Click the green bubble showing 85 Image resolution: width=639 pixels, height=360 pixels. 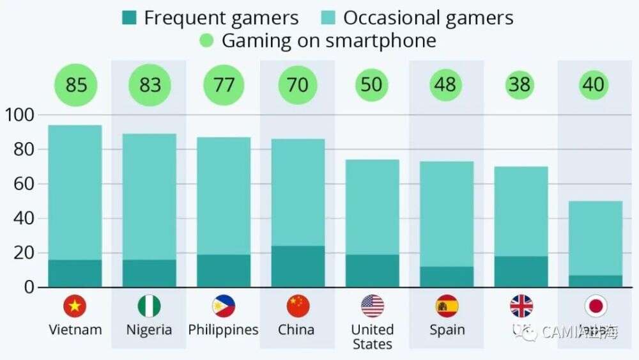75,84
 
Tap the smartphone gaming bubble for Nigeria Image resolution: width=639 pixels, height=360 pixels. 150,84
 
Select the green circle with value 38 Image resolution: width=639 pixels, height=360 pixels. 520,84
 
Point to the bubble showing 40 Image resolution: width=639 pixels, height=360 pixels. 594,84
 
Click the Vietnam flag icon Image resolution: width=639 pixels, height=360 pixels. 75,306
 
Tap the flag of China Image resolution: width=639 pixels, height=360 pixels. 298,306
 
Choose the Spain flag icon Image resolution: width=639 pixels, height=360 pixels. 447,306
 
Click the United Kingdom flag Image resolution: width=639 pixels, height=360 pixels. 521,306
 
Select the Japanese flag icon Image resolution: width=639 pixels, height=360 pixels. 596,306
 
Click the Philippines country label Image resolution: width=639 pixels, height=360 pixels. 223,330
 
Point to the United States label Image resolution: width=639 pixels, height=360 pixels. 372,337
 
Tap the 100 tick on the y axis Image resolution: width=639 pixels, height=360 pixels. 20,115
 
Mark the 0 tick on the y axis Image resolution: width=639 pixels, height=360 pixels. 28,287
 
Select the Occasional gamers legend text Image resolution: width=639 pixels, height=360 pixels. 428,18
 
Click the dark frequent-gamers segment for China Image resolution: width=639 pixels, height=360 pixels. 298,266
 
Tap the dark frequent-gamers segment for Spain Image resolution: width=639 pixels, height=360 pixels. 447,276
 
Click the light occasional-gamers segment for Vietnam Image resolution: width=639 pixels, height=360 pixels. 75,192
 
